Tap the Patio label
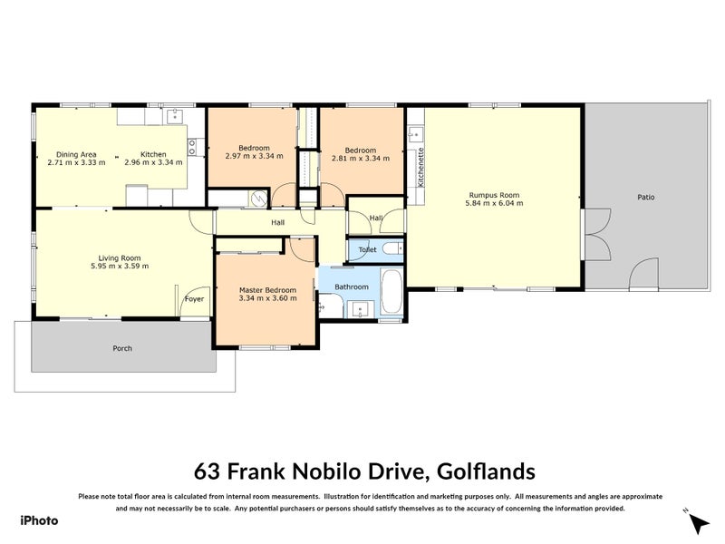click(645, 197)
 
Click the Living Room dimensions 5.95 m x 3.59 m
click(120, 267)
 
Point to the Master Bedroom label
click(267, 289)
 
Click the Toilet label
click(367, 248)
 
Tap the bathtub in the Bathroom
click(391, 294)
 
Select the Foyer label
click(194, 298)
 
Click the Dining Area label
click(76, 154)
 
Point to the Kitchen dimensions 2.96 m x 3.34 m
click(153, 163)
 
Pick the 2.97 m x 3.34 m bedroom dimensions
click(254, 157)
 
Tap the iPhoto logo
click(39, 520)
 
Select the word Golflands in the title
click(486, 471)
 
